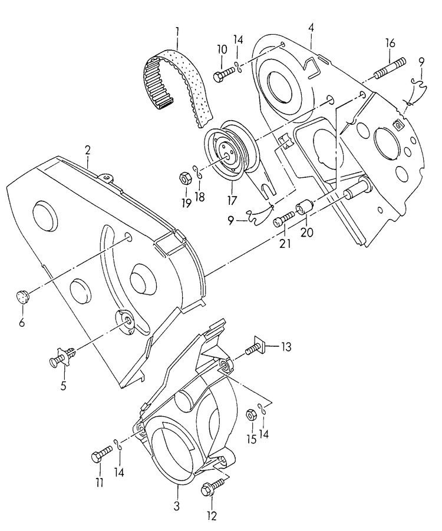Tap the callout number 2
(x=87, y=150)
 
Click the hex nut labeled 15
(x=249, y=414)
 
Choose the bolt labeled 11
(x=101, y=454)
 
